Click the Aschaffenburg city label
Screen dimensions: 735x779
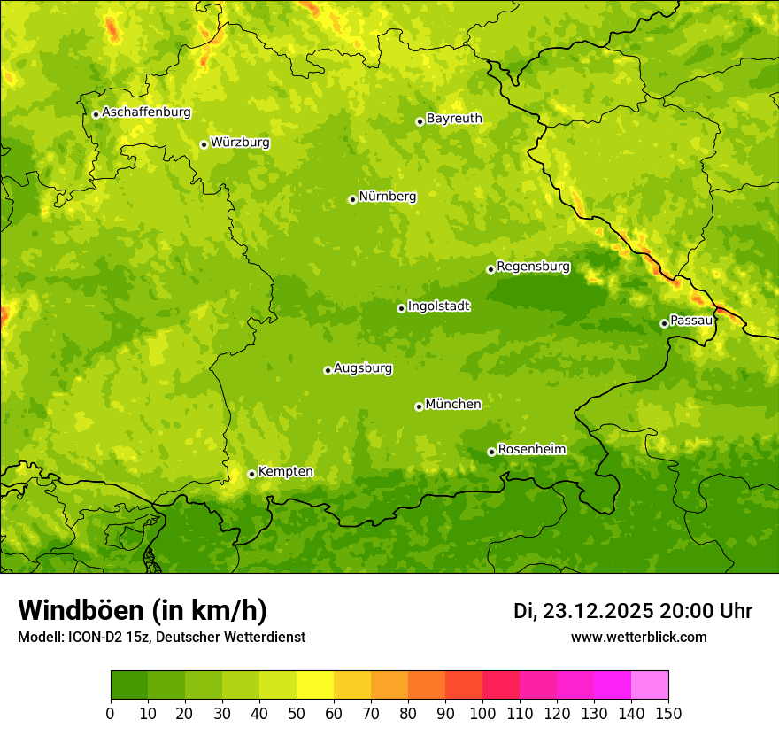(146, 112)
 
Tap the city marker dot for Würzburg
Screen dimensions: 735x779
(204, 144)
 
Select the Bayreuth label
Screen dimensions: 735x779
(454, 119)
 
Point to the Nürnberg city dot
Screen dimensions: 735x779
(352, 199)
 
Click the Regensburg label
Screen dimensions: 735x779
(533, 267)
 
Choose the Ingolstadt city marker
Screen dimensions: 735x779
(401, 308)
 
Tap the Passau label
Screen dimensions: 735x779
(691, 321)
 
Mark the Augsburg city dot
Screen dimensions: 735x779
(328, 370)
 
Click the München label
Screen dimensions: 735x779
(453, 405)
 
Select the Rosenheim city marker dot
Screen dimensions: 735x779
(491, 452)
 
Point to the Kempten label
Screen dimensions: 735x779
(285, 472)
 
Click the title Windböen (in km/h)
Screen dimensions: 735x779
(142, 610)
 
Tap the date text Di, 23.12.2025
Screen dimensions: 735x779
(583, 611)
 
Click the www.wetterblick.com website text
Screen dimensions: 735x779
(638, 637)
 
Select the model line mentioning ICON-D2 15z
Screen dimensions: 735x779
(161, 637)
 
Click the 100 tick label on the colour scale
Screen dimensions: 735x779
(482, 713)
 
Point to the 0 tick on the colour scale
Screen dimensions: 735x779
(111, 713)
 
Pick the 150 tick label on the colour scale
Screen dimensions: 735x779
(668, 713)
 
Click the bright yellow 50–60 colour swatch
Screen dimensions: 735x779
(315, 685)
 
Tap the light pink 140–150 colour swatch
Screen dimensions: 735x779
(650, 685)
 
